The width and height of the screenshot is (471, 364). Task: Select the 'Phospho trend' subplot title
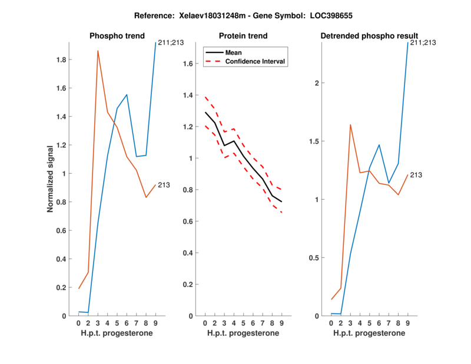click(117, 36)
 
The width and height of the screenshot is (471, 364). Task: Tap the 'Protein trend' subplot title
click(243, 36)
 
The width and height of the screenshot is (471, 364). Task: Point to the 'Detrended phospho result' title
click(369, 36)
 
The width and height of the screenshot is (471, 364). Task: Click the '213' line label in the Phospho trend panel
click(164, 185)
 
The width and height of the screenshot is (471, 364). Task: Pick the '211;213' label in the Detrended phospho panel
click(423, 42)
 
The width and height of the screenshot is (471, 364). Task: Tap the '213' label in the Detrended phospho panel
click(416, 175)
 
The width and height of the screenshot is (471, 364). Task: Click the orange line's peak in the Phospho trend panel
click(98, 51)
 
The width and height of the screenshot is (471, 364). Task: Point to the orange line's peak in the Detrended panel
click(350, 125)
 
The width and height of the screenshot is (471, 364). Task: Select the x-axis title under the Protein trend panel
click(243, 333)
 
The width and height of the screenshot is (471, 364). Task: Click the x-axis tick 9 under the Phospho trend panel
click(155, 323)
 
